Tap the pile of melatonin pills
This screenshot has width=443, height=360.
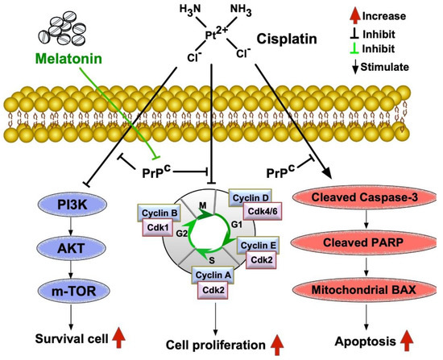click(62, 28)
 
